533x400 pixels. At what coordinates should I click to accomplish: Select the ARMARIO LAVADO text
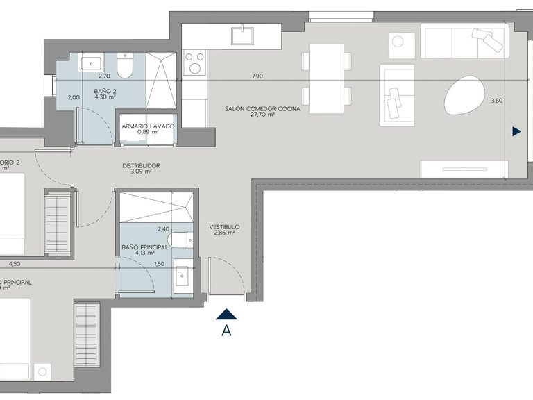click(148, 126)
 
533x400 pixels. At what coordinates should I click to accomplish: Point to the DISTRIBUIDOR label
click(141, 166)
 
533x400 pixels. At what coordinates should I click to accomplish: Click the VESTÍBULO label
click(224, 227)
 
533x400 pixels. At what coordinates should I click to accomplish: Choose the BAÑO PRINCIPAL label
click(144, 247)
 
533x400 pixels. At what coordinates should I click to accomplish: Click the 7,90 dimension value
click(258, 76)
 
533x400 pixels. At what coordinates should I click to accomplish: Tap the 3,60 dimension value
click(496, 101)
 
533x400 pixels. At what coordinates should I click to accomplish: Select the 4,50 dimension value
click(15, 264)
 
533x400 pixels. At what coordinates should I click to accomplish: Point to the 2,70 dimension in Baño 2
click(105, 76)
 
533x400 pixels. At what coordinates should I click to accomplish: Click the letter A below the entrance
click(226, 331)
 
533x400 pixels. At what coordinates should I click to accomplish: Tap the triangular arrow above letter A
click(227, 315)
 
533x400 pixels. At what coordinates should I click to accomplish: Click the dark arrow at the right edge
click(516, 131)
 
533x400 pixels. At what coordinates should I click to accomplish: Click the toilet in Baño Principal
click(180, 240)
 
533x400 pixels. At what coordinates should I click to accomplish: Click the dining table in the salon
click(327, 78)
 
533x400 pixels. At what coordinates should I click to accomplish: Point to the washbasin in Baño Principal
click(183, 276)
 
